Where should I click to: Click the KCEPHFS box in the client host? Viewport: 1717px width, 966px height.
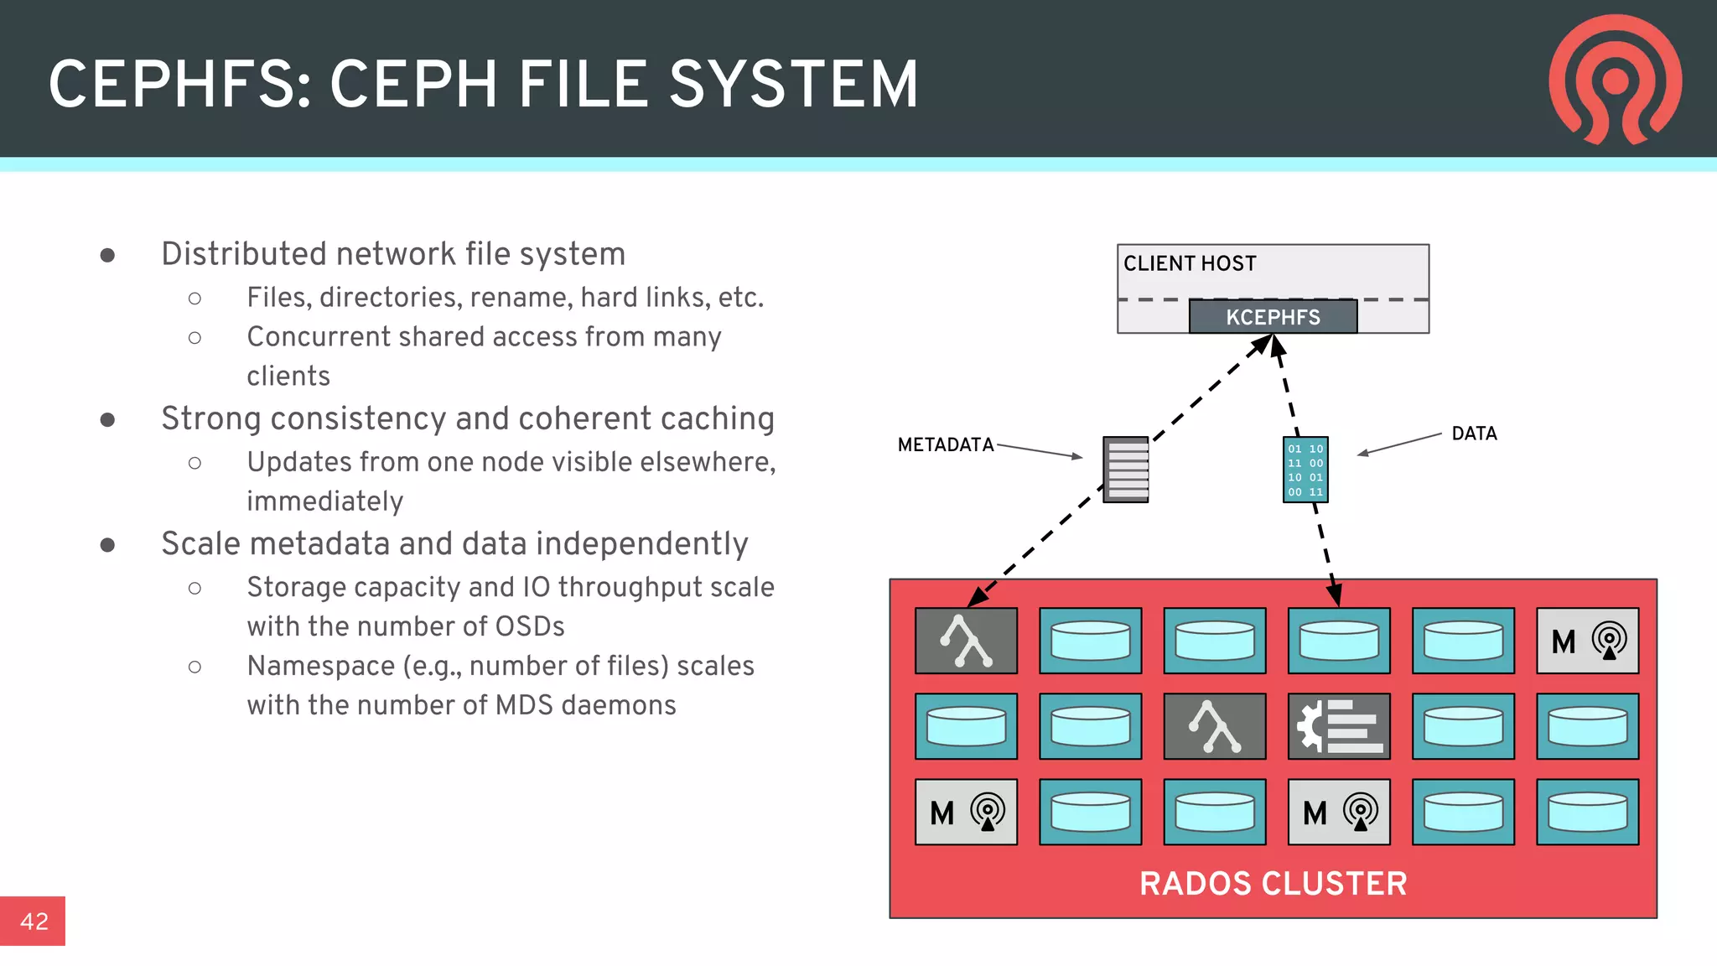pyautogui.click(x=1273, y=317)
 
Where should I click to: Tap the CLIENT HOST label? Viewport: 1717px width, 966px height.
pyautogui.click(x=1190, y=263)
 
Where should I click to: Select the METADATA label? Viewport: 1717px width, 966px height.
pyautogui.click(x=945, y=444)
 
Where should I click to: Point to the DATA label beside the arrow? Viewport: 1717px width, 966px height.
pyautogui.click(x=1474, y=434)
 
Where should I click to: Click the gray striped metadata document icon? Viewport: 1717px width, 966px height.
pyautogui.click(x=1125, y=470)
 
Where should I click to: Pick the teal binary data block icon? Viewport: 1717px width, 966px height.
pyautogui.click(x=1305, y=470)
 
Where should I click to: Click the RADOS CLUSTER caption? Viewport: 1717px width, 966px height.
pyautogui.click(x=1273, y=883)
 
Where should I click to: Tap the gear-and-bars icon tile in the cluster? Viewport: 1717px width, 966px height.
pyautogui.click(x=1339, y=726)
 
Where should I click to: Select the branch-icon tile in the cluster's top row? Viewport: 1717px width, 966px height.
pyautogui.click(x=966, y=641)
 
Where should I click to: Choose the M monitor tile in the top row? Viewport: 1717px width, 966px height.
pyautogui.click(x=1587, y=641)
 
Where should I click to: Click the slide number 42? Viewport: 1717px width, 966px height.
pyautogui.click(x=34, y=921)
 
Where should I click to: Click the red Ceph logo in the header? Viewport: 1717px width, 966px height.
pyautogui.click(x=1615, y=80)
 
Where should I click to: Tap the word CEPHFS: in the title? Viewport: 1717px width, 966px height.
pyautogui.click(x=180, y=85)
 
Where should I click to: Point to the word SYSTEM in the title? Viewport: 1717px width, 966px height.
pyautogui.click(x=793, y=85)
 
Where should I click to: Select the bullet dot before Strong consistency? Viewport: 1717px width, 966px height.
pyautogui.click(x=107, y=419)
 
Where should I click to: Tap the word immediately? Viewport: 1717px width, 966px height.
pyautogui.click(x=324, y=501)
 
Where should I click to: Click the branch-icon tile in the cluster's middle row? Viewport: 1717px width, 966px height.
pyautogui.click(x=1214, y=726)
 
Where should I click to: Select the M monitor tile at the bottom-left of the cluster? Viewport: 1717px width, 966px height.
pyautogui.click(x=966, y=812)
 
